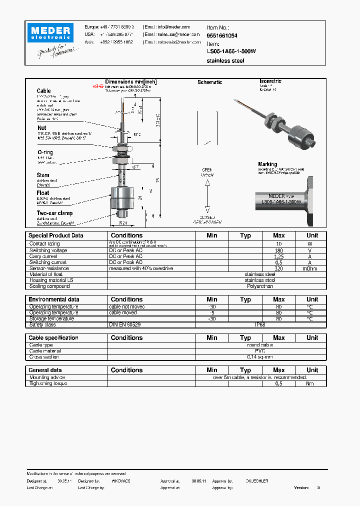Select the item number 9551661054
click(x=222, y=36)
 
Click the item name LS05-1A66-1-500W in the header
click(x=231, y=51)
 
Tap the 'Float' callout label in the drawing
click(x=43, y=192)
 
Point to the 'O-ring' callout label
click(x=44, y=152)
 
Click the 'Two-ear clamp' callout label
click(x=54, y=213)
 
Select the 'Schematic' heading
click(x=209, y=82)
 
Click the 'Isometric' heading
click(x=270, y=81)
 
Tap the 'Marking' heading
click(x=267, y=164)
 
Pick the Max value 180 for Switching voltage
click(x=278, y=250)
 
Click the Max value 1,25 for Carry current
click(x=278, y=256)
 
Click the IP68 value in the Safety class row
click(x=260, y=324)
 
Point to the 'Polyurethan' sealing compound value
click(x=260, y=286)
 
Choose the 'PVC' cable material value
click(x=260, y=351)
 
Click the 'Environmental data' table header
click(x=54, y=299)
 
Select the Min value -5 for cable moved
click(x=212, y=312)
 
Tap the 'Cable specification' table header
click(x=53, y=338)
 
